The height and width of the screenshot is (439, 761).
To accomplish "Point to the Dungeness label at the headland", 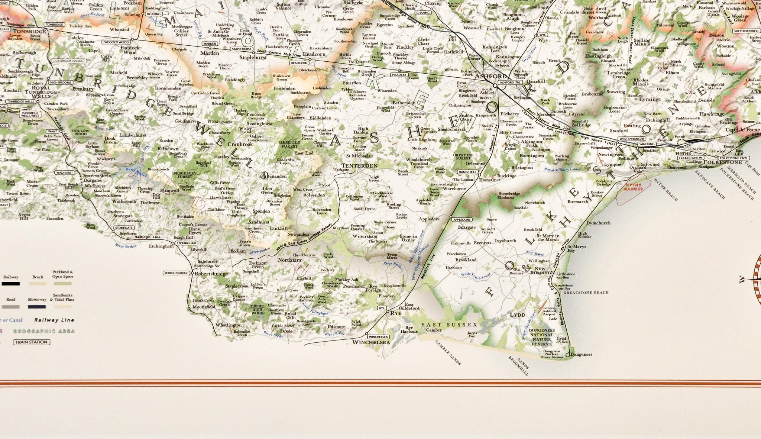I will tap(581, 354).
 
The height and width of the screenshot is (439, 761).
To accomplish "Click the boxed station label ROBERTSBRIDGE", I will tap(177, 273).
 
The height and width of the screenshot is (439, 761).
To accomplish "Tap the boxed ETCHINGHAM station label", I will tap(186, 243).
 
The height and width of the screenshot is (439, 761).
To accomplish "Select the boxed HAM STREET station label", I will tap(467, 172).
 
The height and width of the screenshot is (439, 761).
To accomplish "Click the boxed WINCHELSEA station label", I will tap(379, 337).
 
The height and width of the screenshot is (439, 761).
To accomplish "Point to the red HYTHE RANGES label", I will tap(634, 187).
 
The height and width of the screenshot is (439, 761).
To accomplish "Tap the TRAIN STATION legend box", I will tap(31, 342).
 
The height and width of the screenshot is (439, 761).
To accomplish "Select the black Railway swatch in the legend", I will tap(10, 284).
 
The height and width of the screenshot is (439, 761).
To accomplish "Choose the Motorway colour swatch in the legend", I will tap(37, 307).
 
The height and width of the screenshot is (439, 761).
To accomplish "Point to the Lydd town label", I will tap(517, 315).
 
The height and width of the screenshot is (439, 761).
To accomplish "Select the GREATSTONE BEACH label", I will tap(586, 293).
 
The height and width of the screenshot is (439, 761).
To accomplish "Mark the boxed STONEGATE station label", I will tap(124, 227).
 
